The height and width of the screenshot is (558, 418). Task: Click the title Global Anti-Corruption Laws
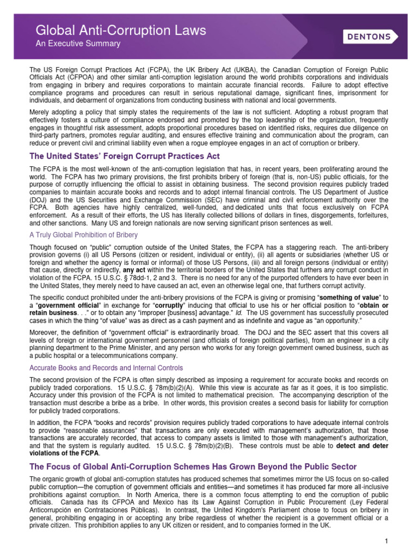coord(121,31)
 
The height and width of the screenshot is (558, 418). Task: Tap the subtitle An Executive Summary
coord(78,44)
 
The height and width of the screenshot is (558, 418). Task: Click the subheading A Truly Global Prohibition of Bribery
coord(83,235)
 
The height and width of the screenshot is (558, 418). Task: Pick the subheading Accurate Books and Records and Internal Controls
coord(106,368)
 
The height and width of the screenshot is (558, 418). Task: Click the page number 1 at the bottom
coord(385,541)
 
